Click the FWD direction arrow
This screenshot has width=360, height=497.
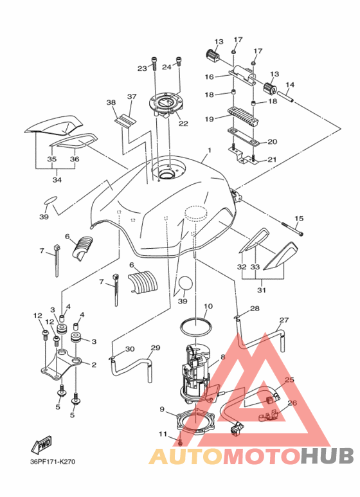click(41, 444)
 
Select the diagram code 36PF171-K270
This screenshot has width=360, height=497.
click(53, 462)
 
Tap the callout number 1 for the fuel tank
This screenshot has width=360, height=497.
click(210, 150)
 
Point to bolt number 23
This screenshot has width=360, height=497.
click(154, 63)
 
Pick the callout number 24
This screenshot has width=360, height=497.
click(166, 67)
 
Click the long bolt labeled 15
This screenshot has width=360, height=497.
click(292, 229)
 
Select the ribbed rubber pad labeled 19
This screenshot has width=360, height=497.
click(243, 116)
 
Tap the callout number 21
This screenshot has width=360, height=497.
click(272, 159)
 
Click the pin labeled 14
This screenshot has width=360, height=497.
click(285, 96)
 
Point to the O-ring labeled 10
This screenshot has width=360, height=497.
click(195, 327)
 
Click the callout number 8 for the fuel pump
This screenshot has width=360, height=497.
click(223, 357)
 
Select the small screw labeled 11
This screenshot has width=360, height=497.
click(180, 442)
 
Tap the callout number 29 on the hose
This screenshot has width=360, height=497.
click(156, 348)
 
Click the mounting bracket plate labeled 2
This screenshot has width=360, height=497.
click(61, 365)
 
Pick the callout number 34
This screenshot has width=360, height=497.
click(57, 180)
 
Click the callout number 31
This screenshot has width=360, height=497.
click(262, 290)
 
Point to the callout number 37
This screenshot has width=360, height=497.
click(132, 96)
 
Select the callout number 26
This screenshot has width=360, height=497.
click(292, 403)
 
